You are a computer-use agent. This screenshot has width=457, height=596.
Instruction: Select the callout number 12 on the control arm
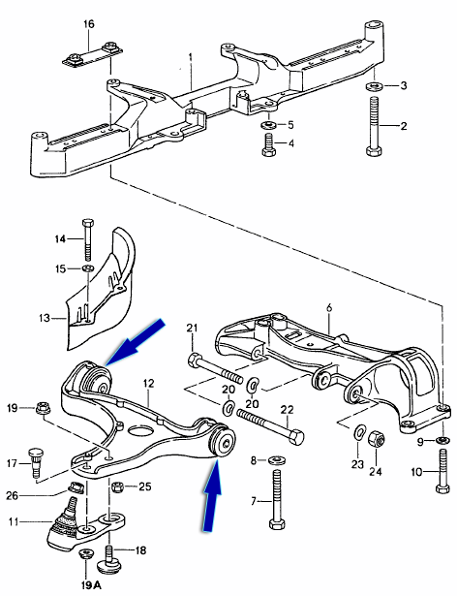tap(149, 384)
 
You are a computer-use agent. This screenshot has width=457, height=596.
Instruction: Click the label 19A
tap(89, 585)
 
